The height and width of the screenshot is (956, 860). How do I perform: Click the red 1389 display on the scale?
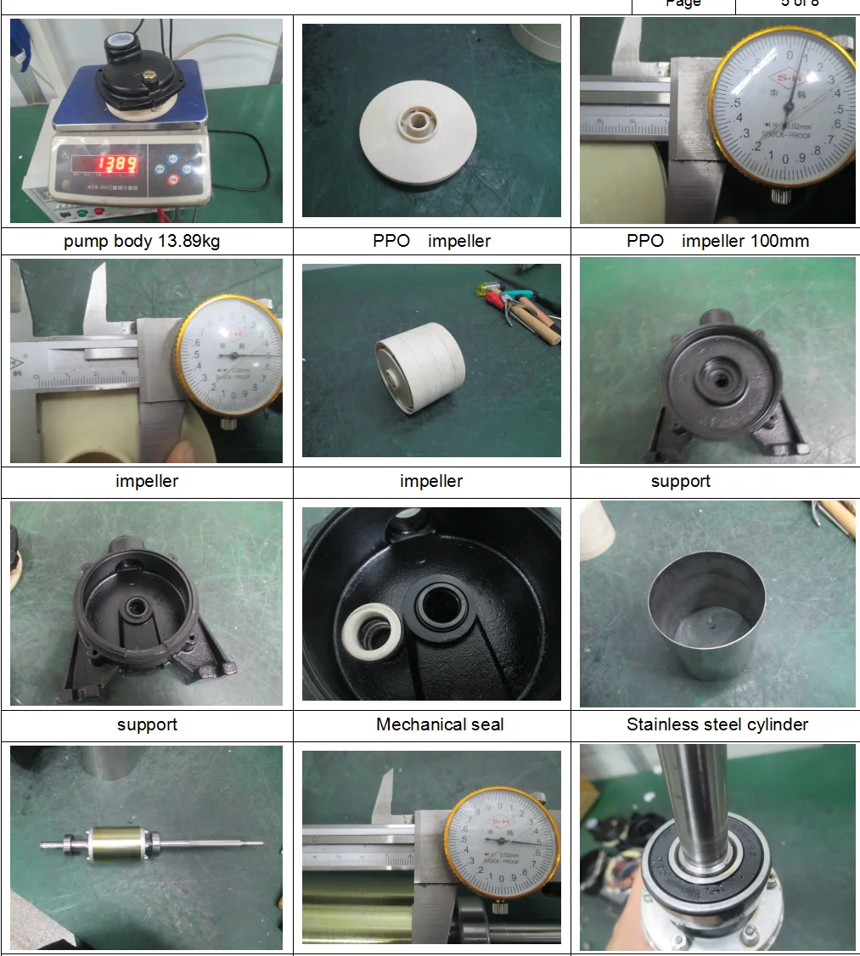(x=115, y=164)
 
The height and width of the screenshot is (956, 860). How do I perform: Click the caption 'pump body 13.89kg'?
(x=142, y=241)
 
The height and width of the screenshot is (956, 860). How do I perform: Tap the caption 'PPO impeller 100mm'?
(x=717, y=241)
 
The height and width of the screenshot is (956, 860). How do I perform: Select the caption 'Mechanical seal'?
(x=440, y=724)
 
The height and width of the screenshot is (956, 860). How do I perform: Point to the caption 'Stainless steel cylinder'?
(x=717, y=724)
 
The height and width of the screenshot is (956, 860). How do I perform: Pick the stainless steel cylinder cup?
(x=701, y=614)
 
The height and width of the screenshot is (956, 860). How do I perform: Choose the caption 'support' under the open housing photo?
(x=147, y=724)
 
